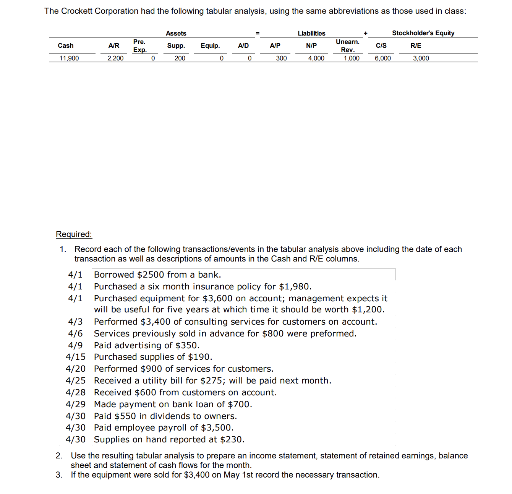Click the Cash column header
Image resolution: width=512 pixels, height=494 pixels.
65,45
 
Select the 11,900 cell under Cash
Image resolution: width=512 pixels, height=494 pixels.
69,58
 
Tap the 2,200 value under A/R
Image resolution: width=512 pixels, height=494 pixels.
115,58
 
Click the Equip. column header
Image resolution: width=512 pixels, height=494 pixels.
210,45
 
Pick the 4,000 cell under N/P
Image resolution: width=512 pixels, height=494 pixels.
316,58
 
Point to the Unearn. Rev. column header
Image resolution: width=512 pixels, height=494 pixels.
347,45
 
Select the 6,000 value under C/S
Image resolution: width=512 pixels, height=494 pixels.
382,58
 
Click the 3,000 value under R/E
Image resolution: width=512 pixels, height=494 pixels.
421,58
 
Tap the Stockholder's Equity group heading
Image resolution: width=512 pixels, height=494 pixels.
423,33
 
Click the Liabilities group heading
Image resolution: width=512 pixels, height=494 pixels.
311,33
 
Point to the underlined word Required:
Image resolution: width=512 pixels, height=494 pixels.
74,234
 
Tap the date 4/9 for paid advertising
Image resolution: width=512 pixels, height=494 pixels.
75,345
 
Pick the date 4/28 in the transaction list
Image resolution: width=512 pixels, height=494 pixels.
75,392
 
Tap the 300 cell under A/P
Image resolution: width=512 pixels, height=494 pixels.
281,58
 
